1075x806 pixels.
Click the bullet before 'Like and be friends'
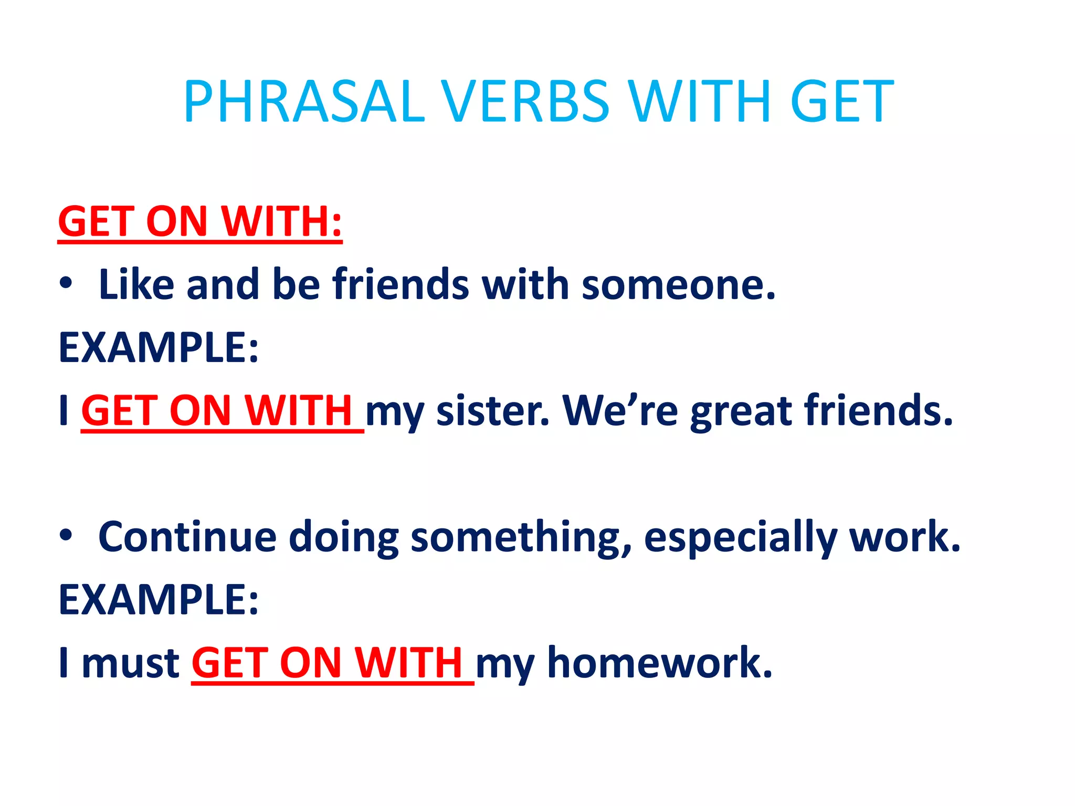(66, 283)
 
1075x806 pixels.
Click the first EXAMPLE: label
(158, 347)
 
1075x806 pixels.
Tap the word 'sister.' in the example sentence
(493, 411)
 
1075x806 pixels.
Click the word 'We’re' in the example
(620, 410)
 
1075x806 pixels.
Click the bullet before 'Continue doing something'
(66, 536)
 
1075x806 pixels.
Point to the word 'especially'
(740, 538)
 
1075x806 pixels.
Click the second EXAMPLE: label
(158, 599)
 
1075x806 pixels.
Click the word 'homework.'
(660, 663)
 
